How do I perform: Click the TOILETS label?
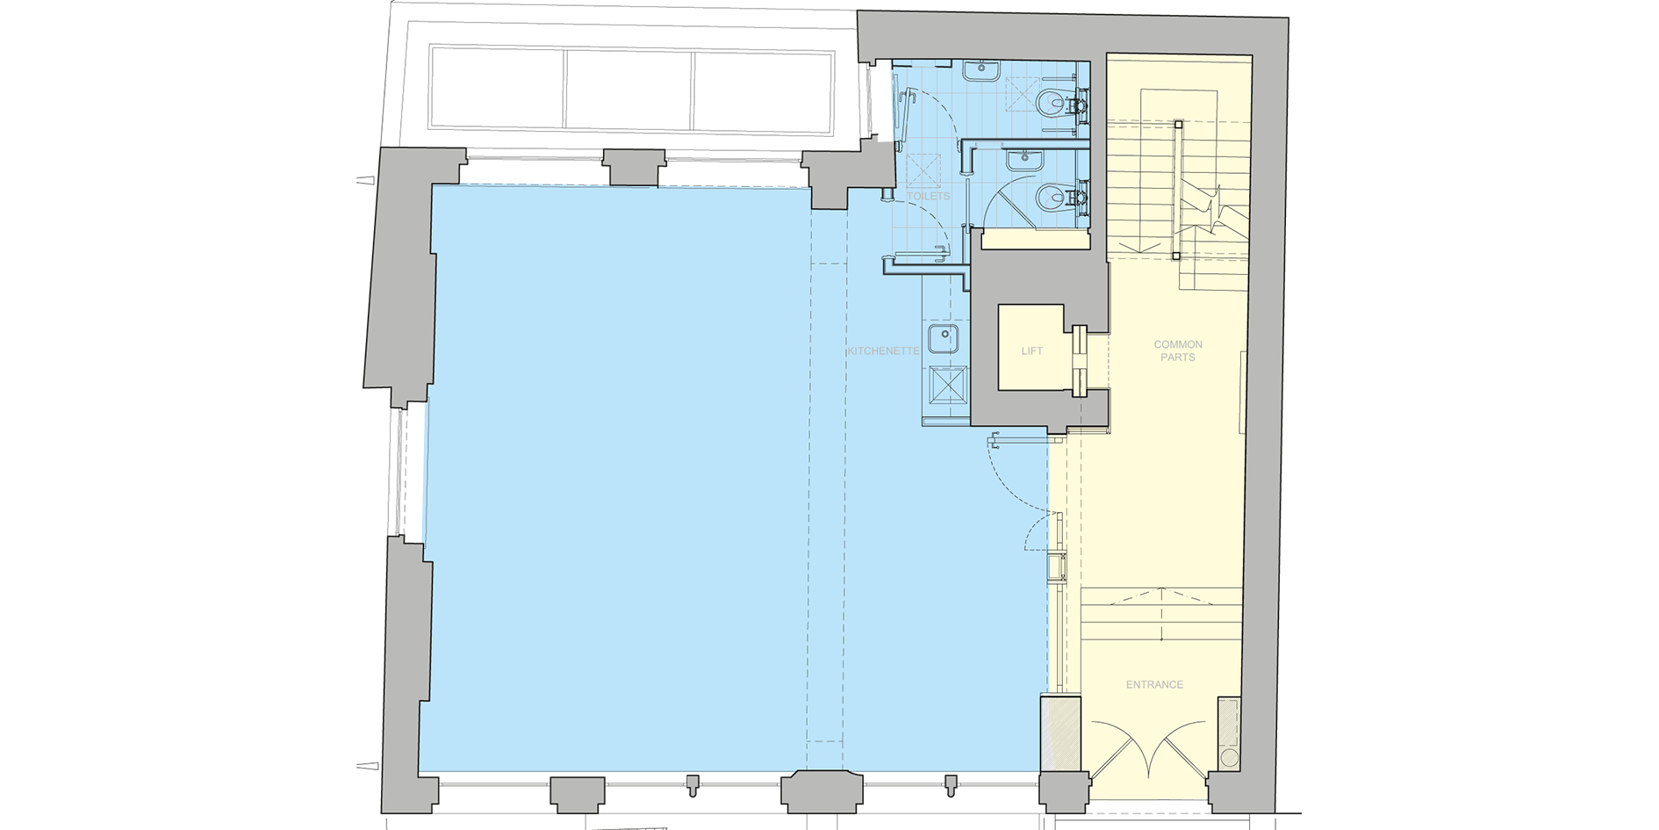pyautogui.click(x=928, y=196)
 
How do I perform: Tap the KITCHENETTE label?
pyautogui.click(x=883, y=350)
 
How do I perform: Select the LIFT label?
pyautogui.click(x=1031, y=351)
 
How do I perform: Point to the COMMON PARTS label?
pyautogui.click(x=1178, y=350)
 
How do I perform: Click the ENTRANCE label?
pyautogui.click(x=1154, y=684)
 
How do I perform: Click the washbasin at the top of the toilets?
pyautogui.click(x=978, y=69)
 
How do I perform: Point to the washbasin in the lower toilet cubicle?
pyautogui.click(x=1023, y=159)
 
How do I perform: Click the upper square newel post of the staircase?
pyautogui.click(x=1178, y=124)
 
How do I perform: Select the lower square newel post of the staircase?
pyautogui.click(x=1175, y=256)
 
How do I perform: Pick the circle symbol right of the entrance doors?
pyautogui.click(x=1228, y=757)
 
